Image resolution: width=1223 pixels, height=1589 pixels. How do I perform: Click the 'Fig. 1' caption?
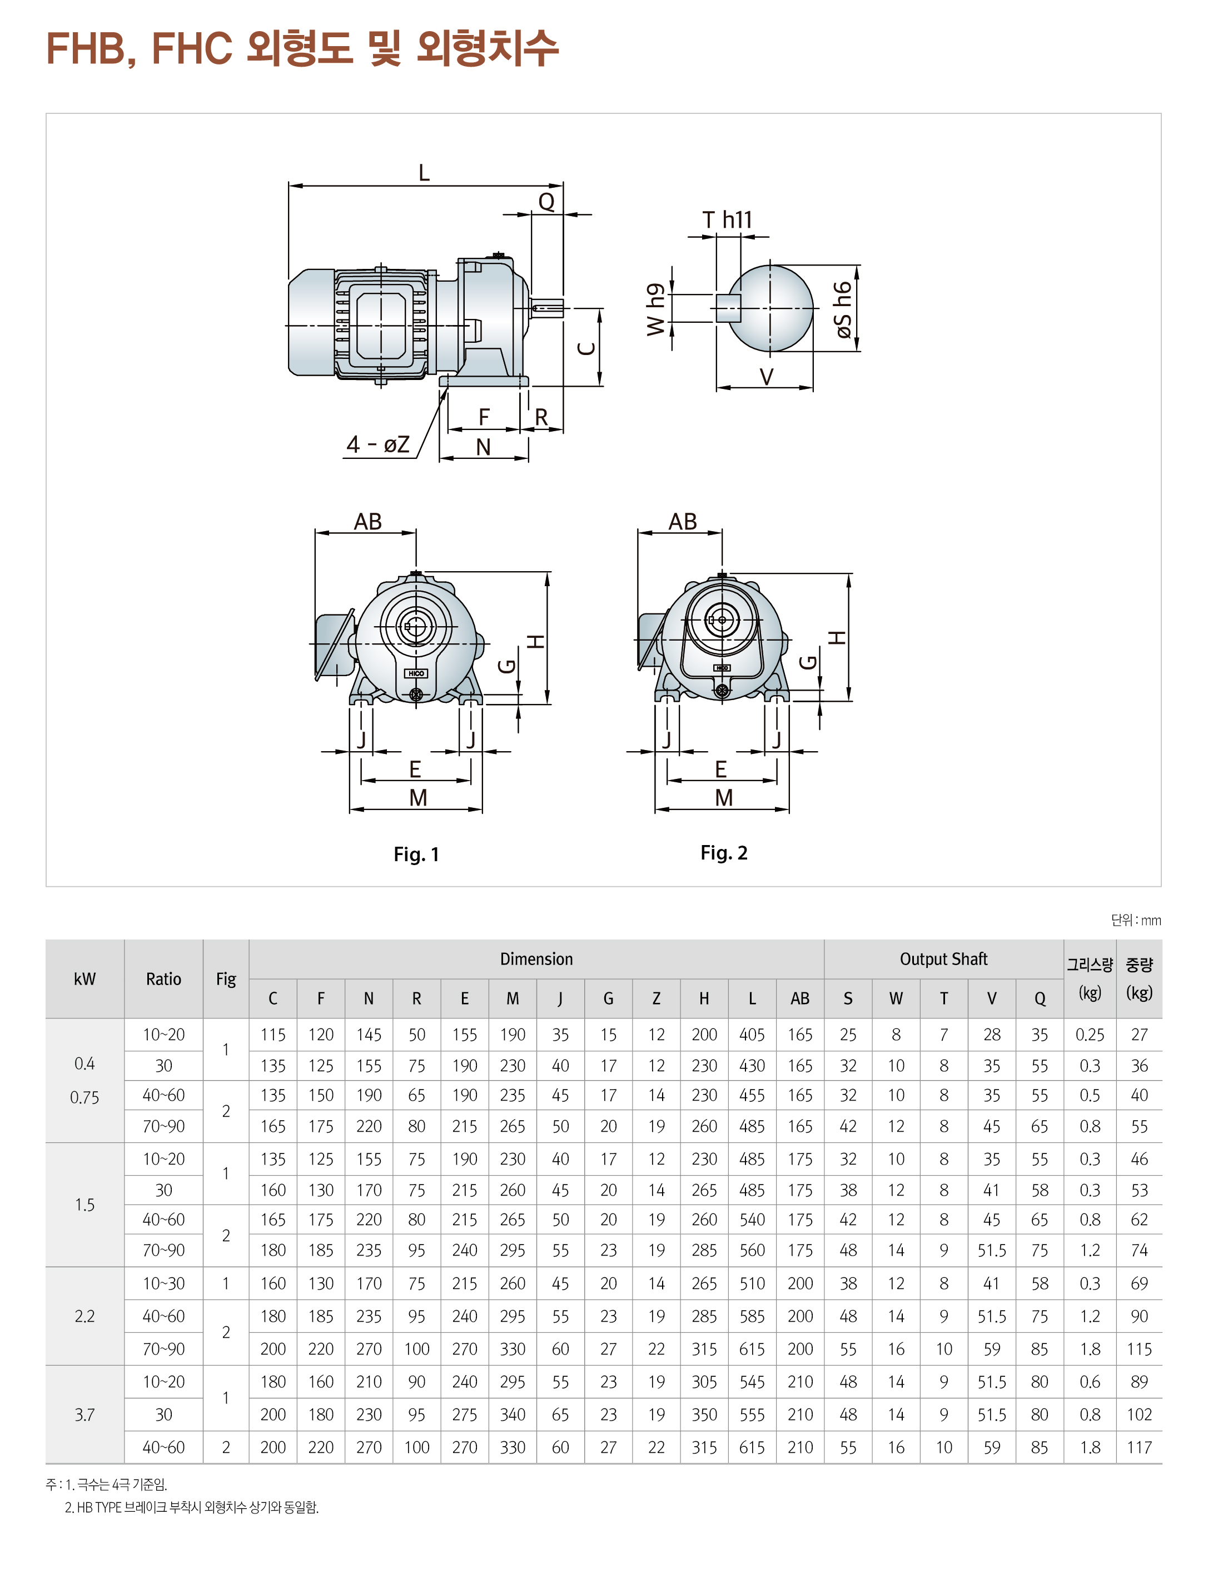point(416,854)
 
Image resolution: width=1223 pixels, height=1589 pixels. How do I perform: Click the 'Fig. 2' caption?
point(724,853)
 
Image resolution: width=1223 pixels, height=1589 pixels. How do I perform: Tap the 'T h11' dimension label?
point(727,219)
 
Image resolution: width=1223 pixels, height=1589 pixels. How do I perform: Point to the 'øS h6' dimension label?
point(842,309)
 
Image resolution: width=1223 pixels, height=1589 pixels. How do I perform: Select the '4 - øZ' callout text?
point(378,444)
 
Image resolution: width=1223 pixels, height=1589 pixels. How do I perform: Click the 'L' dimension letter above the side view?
point(424,172)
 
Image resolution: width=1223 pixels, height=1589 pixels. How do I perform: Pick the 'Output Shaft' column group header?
point(943,959)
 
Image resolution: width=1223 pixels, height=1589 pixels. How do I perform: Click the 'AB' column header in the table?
point(799,998)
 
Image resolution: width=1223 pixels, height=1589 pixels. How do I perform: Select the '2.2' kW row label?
point(84,1316)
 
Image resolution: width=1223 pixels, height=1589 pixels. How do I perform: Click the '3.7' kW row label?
point(84,1415)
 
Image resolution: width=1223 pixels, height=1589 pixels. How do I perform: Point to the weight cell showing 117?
point(1139,1447)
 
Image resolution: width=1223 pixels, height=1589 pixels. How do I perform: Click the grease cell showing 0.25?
point(1089,1035)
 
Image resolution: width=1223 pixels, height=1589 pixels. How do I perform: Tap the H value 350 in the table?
point(704,1415)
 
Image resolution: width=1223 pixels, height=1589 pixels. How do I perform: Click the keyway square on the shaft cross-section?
point(728,308)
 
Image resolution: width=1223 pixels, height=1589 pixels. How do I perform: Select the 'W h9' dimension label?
point(655,309)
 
